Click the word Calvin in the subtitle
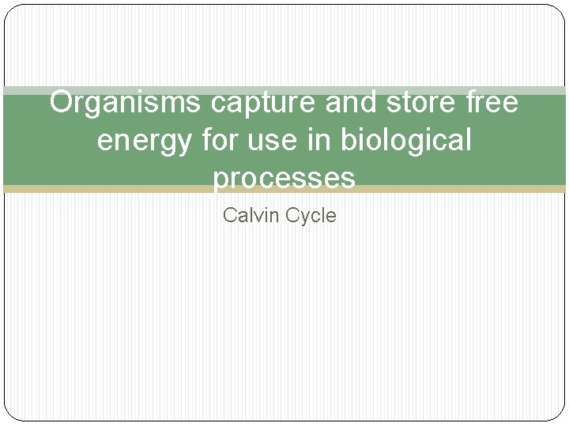pos(248,215)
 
